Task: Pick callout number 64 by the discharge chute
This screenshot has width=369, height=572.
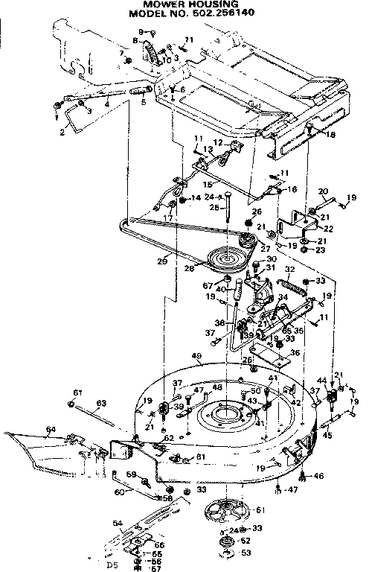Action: click(x=51, y=429)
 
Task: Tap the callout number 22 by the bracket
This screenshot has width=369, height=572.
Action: click(x=328, y=228)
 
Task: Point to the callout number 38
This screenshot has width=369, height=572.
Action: click(x=219, y=323)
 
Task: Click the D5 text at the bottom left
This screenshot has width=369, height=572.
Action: click(x=112, y=565)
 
